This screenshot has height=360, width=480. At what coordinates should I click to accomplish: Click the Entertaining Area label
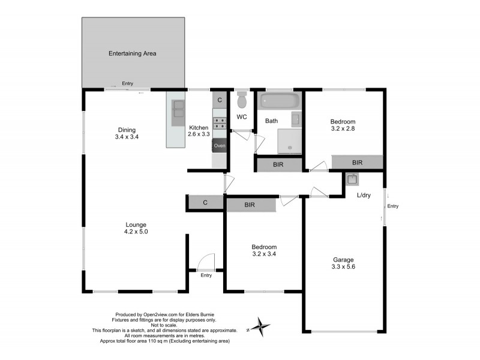click(x=132, y=53)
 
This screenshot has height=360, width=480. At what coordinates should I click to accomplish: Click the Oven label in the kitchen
click(x=220, y=146)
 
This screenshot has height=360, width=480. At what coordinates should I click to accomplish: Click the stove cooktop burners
click(x=220, y=124)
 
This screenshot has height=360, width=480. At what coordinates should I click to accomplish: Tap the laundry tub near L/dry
click(x=352, y=179)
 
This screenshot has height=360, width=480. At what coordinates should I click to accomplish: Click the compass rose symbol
click(x=261, y=326)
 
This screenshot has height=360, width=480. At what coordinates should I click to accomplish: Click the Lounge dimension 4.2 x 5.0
click(x=136, y=231)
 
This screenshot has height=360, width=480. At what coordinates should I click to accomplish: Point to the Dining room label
click(x=127, y=130)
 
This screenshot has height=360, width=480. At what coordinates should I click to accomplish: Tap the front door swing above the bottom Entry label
click(x=206, y=262)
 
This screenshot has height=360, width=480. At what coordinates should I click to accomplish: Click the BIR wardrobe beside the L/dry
click(x=358, y=162)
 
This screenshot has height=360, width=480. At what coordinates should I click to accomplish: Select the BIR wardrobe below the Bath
click(x=278, y=165)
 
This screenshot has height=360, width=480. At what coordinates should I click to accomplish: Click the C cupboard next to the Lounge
click(x=205, y=203)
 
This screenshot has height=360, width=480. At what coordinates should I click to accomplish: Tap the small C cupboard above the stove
click(x=220, y=100)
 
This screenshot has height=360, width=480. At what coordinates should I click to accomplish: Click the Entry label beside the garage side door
click(x=392, y=206)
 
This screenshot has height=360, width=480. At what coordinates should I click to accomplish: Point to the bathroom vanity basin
click(x=296, y=118)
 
